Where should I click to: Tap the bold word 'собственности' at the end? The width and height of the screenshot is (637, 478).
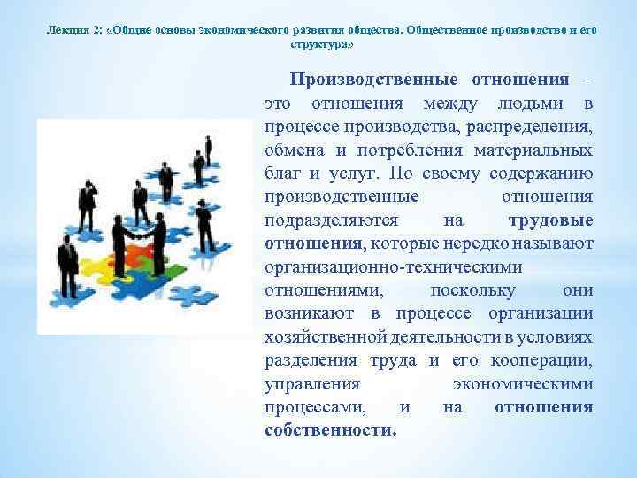(x=329, y=430)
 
